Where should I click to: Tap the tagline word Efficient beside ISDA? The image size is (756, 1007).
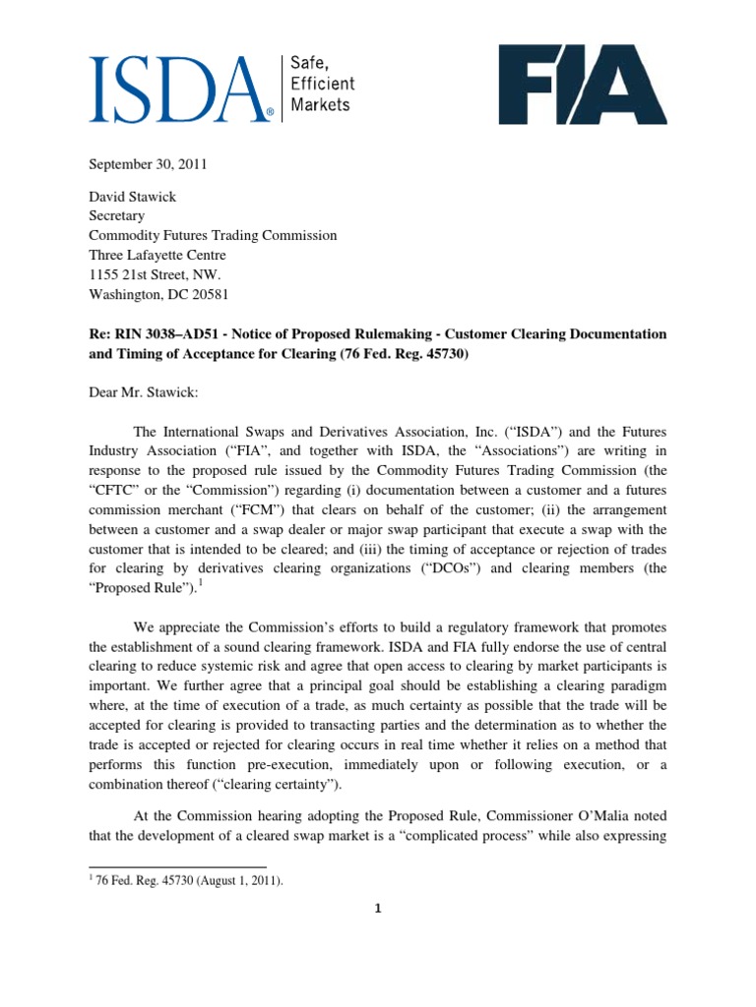click(320, 84)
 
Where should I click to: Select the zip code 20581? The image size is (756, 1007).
click(214, 292)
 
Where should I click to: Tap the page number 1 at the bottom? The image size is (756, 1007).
click(377, 909)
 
